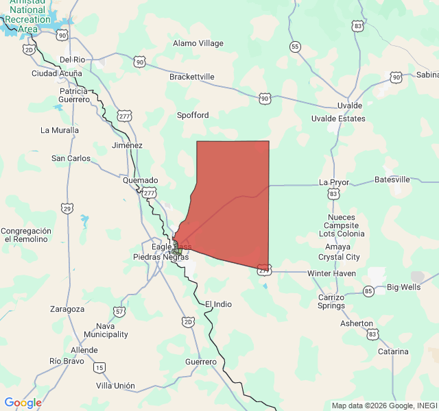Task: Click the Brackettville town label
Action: pos(192,77)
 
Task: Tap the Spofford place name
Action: pos(193,115)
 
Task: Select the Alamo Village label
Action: pos(198,43)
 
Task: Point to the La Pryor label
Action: pos(334,182)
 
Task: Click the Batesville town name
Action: pos(392,179)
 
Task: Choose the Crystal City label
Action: pos(339,257)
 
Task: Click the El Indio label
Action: pos(218,303)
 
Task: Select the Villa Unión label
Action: pos(115,386)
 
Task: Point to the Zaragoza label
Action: pos(67,309)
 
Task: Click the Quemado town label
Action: pos(140,180)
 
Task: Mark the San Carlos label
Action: pos(71,158)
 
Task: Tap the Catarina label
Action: pos(393,351)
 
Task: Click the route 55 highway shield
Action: pos(295,47)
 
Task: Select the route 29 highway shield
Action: pos(67,208)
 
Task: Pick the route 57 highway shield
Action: pos(120,312)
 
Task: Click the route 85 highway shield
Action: pos(369,292)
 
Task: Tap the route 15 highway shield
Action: pos(100,368)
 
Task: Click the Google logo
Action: pos(23,403)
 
